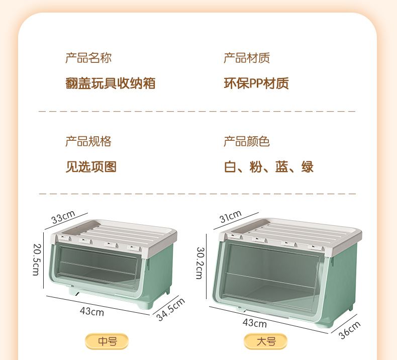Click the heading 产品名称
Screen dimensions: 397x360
(x=88, y=58)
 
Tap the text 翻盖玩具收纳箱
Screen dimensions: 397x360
(x=110, y=83)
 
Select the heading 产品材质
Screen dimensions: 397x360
(x=246, y=58)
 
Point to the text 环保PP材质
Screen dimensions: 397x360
(x=256, y=83)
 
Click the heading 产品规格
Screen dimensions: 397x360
(x=88, y=141)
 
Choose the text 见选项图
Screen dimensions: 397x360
(x=91, y=167)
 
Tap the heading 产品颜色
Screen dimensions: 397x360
(x=246, y=141)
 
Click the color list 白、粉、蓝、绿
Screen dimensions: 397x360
(x=269, y=167)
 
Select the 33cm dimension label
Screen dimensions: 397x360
(x=63, y=218)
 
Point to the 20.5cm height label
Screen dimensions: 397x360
(x=36, y=259)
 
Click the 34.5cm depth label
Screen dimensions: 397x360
(x=170, y=309)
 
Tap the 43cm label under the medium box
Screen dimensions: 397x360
(x=92, y=311)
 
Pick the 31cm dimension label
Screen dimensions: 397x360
(x=231, y=217)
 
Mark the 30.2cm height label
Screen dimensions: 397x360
(x=200, y=263)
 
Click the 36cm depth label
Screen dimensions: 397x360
(x=350, y=330)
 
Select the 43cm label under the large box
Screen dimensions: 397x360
(x=255, y=323)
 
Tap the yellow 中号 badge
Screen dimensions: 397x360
(x=107, y=342)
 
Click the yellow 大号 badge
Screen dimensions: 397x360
(x=266, y=342)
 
